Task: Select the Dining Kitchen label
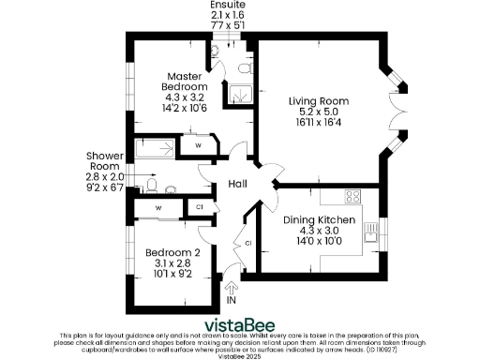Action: [321, 219]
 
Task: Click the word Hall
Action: [237, 185]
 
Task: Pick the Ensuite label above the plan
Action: [227, 7]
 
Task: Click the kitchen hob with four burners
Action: [354, 196]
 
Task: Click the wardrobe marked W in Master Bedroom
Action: [199, 147]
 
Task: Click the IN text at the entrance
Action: [232, 301]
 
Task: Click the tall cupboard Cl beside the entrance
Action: [247, 243]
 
